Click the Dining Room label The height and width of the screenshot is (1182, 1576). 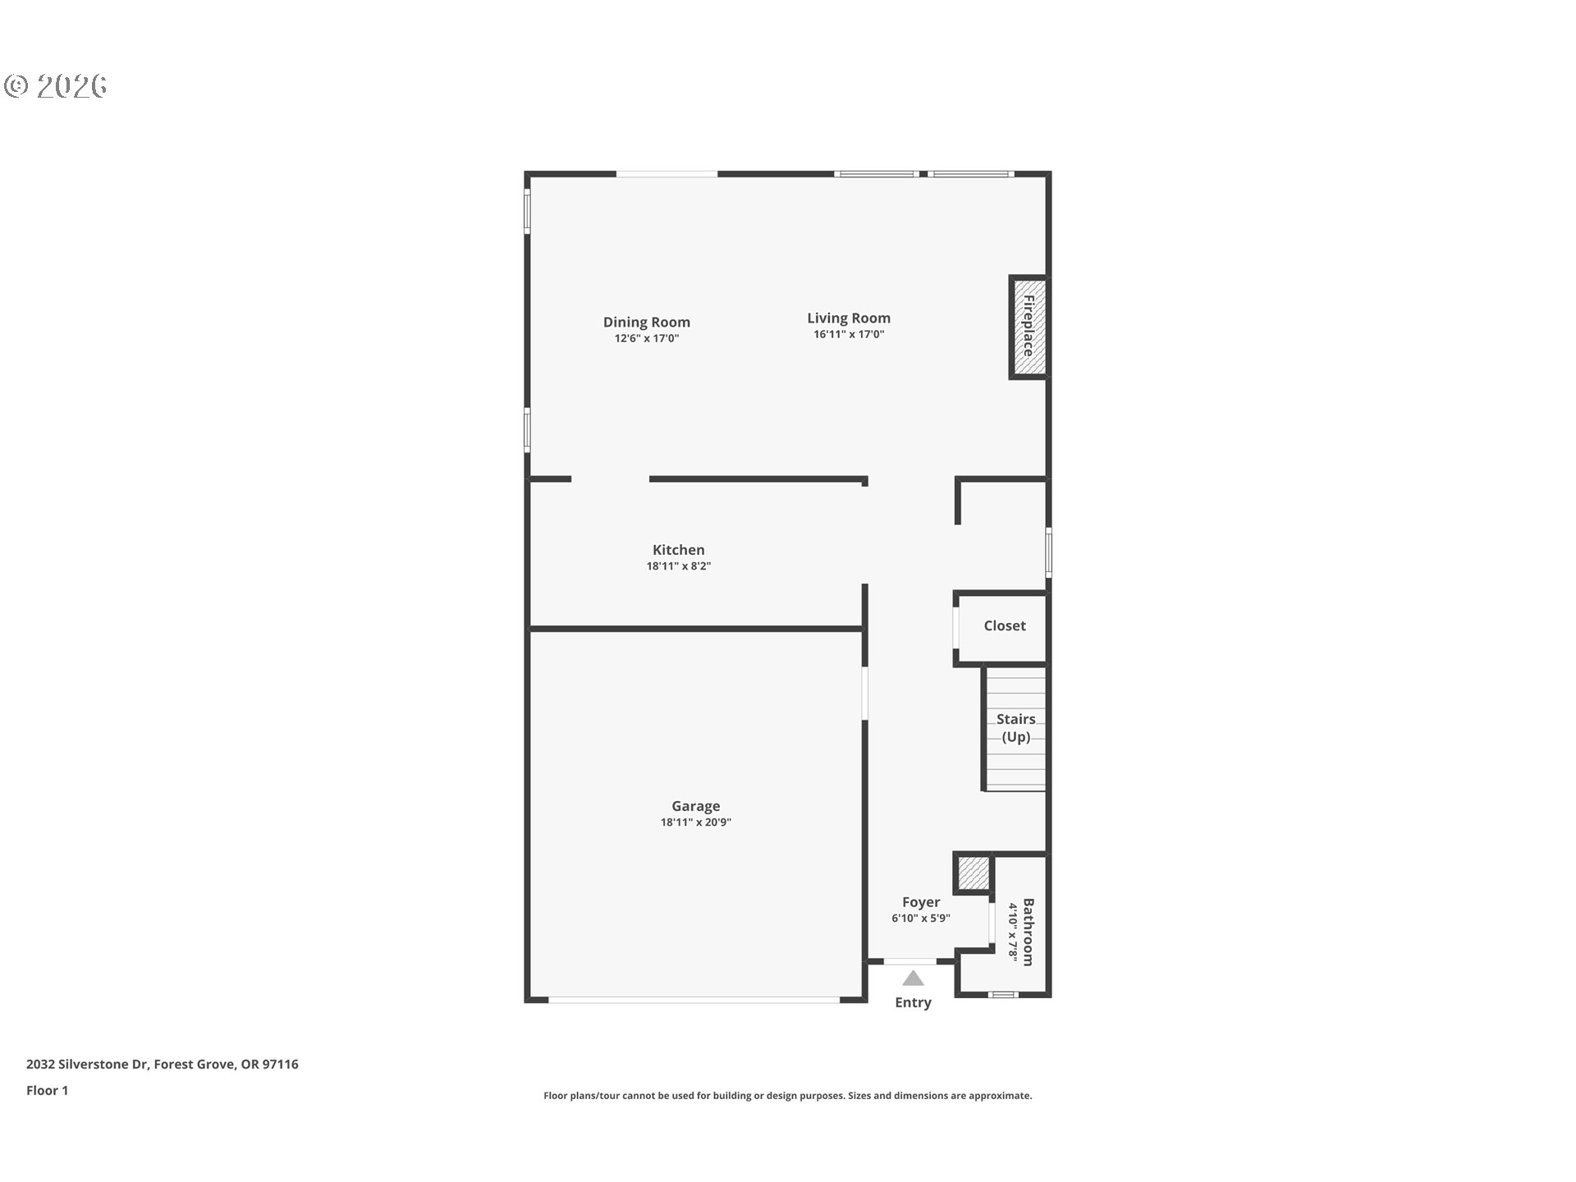[x=647, y=322]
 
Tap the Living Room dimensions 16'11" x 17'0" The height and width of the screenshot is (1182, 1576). [x=849, y=334]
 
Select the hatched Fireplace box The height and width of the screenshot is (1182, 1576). [x=1029, y=327]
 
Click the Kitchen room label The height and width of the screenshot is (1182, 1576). [x=679, y=550]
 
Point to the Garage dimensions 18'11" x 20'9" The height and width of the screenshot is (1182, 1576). [x=696, y=822]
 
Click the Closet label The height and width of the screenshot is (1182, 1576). [x=1005, y=625]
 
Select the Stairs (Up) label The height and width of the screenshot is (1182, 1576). [x=1016, y=728]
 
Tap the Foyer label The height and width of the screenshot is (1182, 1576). [x=921, y=902]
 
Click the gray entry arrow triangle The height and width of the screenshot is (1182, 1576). [x=913, y=978]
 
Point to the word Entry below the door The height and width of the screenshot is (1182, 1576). [x=914, y=1002]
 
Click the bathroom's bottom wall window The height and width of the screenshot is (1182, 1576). [x=1003, y=995]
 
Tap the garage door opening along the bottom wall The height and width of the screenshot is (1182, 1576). [x=694, y=1000]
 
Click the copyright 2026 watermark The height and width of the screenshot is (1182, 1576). [x=56, y=86]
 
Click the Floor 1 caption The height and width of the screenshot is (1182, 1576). [x=48, y=1091]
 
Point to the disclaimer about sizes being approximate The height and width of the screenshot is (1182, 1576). [x=788, y=1096]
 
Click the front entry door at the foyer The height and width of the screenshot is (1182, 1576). [x=910, y=960]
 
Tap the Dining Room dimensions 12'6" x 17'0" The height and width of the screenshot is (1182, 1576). [x=647, y=338]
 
